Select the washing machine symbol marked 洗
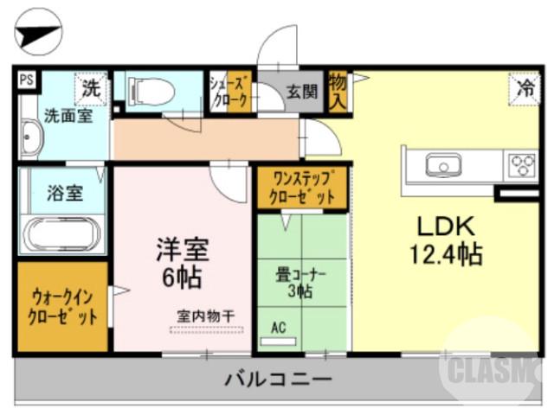click(92, 86)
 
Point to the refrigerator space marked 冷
click(523, 86)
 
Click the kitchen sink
click(443, 163)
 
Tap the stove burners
click(522, 163)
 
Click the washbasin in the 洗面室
click(29, 141)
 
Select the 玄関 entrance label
click(302, 91)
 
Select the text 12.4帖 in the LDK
click(446, 254)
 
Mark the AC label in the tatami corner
click(279, 328)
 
